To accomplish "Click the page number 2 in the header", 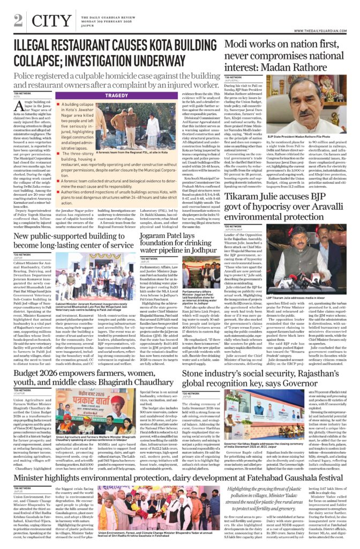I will [x=18, y=21].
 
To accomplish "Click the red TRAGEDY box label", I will [x=116, y=95].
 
